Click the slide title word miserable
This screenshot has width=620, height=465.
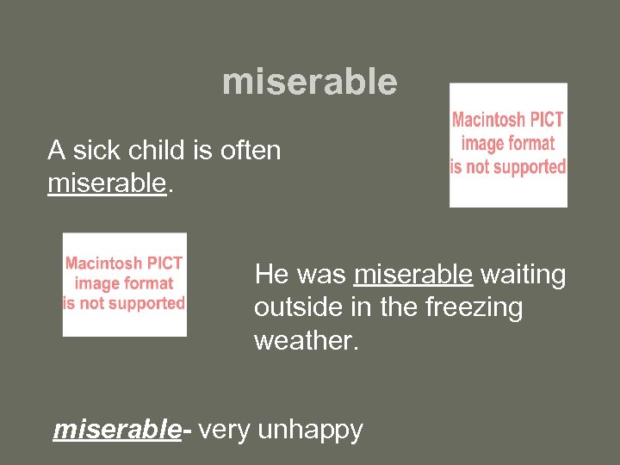click(x=310, y=83)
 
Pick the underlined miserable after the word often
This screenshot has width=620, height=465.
click(x=106, y=183)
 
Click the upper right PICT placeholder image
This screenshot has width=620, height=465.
click(x=508, y=145)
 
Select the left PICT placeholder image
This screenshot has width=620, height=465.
click(x=124, y=284)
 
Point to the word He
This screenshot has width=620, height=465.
click(x=271, y=275)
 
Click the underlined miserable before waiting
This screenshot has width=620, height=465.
click(x=413, y=275)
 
